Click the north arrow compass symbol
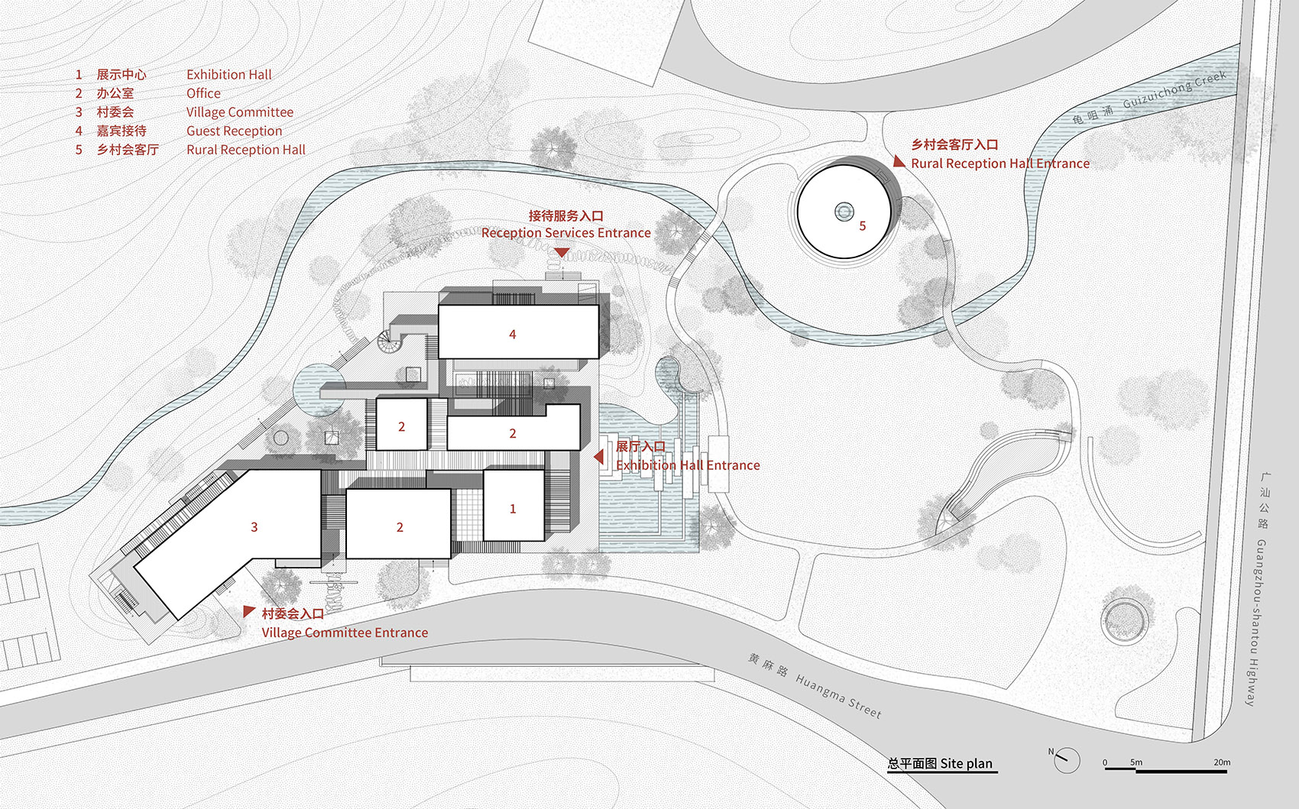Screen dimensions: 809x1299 pyautogui.click(x=1067, y=759)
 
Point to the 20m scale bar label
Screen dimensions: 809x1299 pyautogui.click(x=1222, y=762)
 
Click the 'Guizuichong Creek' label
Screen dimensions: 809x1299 pyautogui.click(x=1174, y=89)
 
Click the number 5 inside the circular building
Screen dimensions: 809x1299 pyautogui.click(x=863, y=226)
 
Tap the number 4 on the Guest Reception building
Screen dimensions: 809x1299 pyautogui.click(x=513, y=335)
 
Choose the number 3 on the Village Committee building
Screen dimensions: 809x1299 pyautogui.click(x=254, y=527)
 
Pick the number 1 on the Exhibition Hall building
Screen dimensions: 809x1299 pyautogui.click(x=513, y=509)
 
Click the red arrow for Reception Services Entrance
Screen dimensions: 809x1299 pyautogui.click(x=562, y=252)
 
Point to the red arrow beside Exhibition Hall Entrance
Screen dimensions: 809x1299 pyautogui.click(x=599, y=456)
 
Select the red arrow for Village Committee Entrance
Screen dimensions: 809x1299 pyautogui.click(x=248, y=611)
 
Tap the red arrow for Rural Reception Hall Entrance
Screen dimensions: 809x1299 pyautogui.click(x=899, y=162)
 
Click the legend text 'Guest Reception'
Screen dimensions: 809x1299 pyautogui.click(x=234, y=131)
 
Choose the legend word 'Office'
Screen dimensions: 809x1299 pyautogui.click(x=203, y=93)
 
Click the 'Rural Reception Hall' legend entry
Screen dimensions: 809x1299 pyautogui.click(x=245, y=150)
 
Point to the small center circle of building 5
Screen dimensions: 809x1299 pyautogui.click(x=844, y=211)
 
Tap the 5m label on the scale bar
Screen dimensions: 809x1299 pyautogui.click(x=1136, y=762)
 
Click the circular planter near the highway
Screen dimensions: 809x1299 pyautogui.click(x=1125, y=617)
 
